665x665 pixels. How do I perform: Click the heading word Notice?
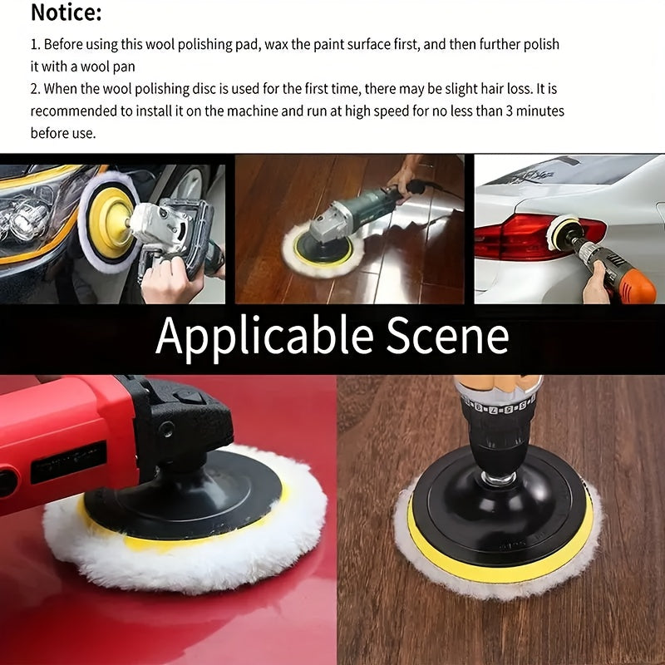pyautogui.click(x=66, y=13)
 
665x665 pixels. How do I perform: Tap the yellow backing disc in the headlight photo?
pyautogui.click(x=111, y=221)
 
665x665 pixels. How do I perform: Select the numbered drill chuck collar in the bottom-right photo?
pyautogui.click(x=497, y=407)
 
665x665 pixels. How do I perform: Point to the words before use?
pyautogui.click(x=63, y=133)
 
